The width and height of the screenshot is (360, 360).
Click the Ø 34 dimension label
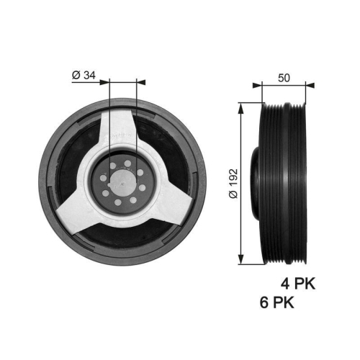86,75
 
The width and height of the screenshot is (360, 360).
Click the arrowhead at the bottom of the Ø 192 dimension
240,261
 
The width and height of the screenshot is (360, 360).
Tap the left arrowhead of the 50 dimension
256,86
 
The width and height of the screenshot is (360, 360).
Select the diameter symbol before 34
76,75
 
